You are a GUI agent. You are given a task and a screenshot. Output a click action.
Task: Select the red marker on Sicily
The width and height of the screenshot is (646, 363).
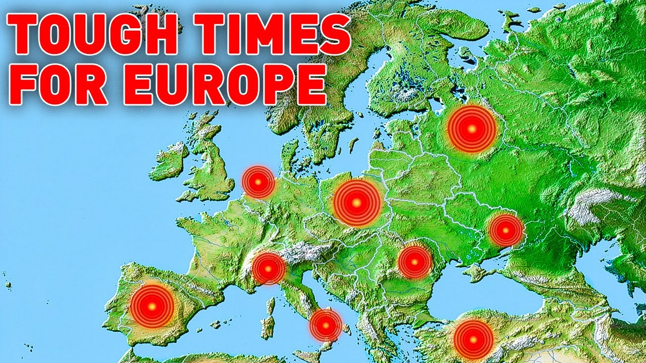(x=326, y=325)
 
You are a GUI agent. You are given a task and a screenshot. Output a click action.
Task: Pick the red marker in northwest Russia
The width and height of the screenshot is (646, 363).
(x=472, y=129)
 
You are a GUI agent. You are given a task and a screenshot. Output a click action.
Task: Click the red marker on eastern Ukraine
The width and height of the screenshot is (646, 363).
(x=505, y=230)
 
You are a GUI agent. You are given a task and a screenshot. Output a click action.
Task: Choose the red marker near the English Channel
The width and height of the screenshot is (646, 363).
(x=258, y=182)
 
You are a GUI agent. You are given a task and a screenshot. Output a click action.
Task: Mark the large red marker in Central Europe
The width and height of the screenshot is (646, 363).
(x=356, y=203)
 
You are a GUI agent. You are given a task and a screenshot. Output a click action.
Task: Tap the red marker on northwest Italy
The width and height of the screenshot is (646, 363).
(x=268, y=269)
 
